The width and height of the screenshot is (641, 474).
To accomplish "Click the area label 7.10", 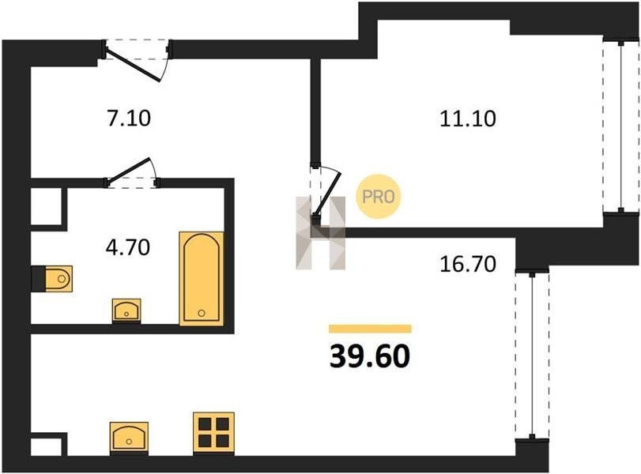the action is (129, 118).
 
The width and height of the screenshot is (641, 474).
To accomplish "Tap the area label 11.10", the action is (468, 119).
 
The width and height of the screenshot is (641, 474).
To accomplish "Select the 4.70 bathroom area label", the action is (128, 247).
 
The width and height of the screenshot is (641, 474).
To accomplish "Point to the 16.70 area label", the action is (468, 264).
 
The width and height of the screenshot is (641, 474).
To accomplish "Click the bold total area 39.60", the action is (370, 355).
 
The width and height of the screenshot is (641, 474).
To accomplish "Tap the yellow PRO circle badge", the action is (378, 197).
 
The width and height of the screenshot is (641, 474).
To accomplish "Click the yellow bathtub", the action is (202, 279).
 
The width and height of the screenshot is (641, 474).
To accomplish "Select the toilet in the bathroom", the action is (58, 279).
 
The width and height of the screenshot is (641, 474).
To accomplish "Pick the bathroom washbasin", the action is (126, 310).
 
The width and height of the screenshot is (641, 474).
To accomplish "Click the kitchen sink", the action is (129, 437).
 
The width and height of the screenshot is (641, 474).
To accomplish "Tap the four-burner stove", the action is (213, 433).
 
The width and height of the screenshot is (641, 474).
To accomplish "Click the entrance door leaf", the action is (133, 64).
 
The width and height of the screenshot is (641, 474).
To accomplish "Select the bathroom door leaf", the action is (129, 169).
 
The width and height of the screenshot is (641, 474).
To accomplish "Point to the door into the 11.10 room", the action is (327, 194).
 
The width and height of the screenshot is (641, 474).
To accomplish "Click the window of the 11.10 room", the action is (621, 125).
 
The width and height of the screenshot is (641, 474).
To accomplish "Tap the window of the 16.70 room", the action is (532, 354).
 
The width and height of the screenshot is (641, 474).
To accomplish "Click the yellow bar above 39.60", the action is (370, 329).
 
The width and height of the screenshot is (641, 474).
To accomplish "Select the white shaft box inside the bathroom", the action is (46, 205).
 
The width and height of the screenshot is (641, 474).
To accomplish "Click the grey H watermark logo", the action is (321, 233).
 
